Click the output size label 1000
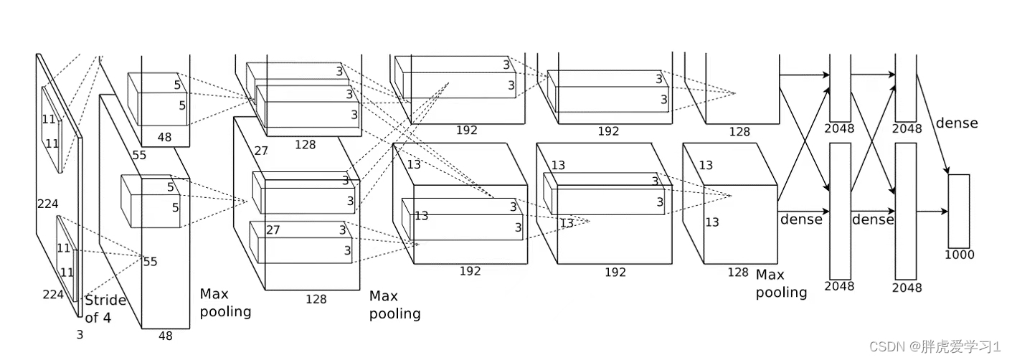click(960, 255)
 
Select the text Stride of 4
click(105, 308)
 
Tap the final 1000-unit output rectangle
click(959, 211)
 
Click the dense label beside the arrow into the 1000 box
click(956, 123)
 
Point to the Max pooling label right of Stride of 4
click(225, 303)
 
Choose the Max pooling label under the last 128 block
click(781, 284)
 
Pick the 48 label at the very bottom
click(166, 335)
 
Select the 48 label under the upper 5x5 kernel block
click(164, 137)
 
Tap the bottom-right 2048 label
click(909, 288)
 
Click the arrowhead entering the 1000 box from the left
click(945, 212)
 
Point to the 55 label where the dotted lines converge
click(150, 262)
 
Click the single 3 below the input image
click(80, 334)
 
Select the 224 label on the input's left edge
click(47, 204)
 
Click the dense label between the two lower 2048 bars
click(873, 219)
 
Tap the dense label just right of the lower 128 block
click(801, 219)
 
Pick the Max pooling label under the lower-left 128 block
click(394, 305)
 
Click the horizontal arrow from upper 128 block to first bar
click(804, 74)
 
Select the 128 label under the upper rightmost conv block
click(739, 132)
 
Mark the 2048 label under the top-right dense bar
click(908, 129)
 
